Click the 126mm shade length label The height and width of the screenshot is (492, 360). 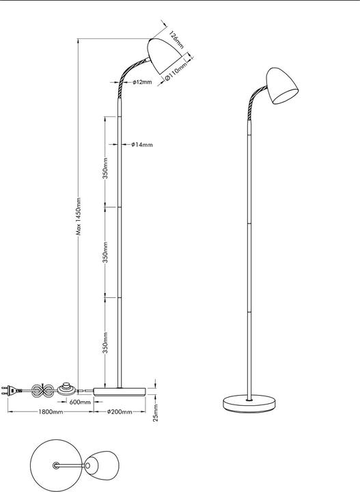coord(176,40)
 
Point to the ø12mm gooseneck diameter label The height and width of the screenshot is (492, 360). coord(142,82)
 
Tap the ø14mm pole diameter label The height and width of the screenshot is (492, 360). coord(142,145)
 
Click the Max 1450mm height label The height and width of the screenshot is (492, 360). coord(79,216)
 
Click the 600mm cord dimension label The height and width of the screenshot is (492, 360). coord(80,402)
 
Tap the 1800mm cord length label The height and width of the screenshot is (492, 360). coord(51,411)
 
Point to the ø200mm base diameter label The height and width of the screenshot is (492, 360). coord(120,411)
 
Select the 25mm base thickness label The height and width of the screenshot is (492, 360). coord(156,413)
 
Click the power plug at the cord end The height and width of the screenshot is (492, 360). coord(11,391)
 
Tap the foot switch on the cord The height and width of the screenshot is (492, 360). coord(66,389)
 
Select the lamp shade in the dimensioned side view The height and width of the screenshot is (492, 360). coord(165,56)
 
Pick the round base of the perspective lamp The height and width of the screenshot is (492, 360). coord(249,403)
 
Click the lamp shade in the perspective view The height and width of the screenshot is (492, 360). coord(281,85)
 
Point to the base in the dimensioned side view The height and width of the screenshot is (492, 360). coord(120,392)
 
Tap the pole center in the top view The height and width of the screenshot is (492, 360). coord(56,465)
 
